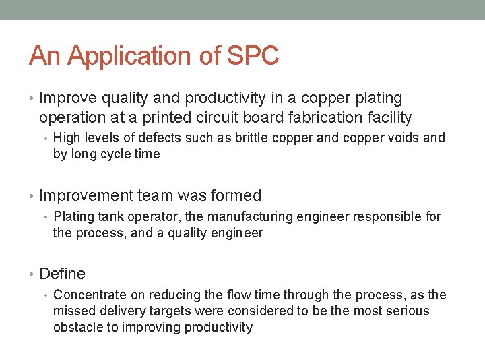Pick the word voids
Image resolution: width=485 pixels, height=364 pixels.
point(400,138)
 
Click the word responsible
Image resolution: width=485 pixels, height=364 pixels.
point(386,217)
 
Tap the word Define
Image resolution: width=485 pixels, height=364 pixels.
point(63,274)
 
